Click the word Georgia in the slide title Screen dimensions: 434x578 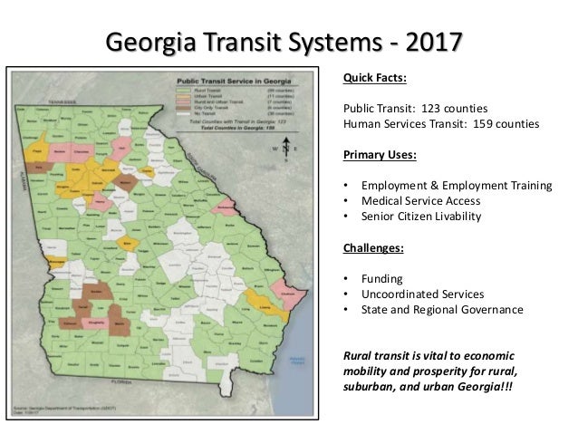(x=150, y=43)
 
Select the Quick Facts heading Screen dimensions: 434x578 (x=374, y=76)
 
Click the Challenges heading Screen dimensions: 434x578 (x=371, y=247)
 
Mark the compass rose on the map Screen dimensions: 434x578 (x=286, y=145)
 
